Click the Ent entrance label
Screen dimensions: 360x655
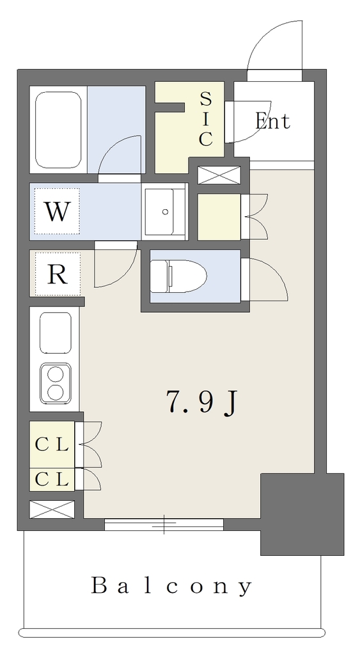point(272,122)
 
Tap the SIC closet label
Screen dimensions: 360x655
point(205,119)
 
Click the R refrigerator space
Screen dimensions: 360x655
point(57,274)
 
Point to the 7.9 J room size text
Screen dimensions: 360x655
point(201,402)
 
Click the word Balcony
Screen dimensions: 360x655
point(171,586)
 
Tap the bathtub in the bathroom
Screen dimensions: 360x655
point(58,130)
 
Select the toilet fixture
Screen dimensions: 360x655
point(178,276)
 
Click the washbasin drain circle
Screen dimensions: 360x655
point(165,212)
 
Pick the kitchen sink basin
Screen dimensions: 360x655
point(56,333)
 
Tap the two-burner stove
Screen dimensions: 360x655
point(55,383)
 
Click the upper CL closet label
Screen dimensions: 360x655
point(52,445)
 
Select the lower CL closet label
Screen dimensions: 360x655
point(52,480)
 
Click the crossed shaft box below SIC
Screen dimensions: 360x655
point(219,175)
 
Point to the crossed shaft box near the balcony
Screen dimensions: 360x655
point(52,510)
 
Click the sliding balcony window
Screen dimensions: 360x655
point(164,525)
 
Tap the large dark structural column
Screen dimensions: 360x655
point(302,514)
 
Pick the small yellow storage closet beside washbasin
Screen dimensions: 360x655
point(219,217)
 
